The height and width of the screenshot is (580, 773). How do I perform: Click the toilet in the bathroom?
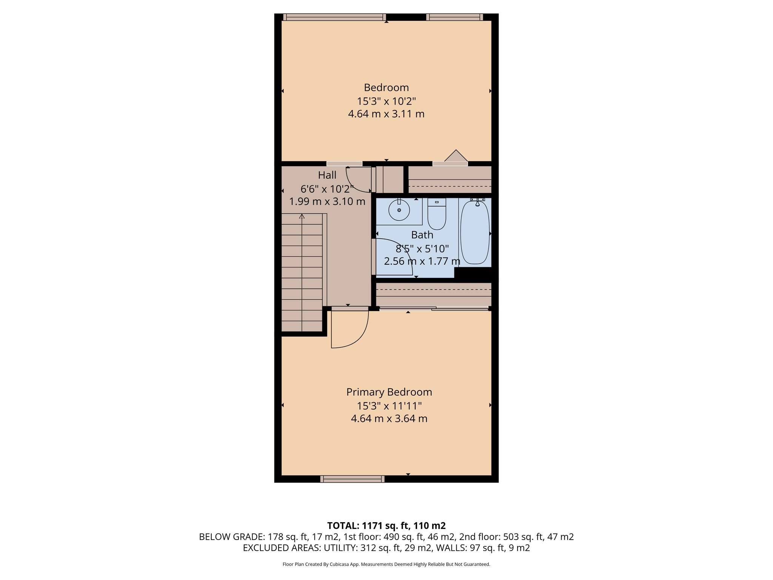[437, 216]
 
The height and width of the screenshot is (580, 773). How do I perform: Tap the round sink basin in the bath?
[399, 211]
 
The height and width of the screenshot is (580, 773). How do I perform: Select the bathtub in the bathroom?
[475, 233]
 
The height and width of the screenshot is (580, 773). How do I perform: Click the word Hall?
[327, 175]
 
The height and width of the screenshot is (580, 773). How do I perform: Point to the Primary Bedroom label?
[389, 392]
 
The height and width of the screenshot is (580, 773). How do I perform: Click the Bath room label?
[422, 235]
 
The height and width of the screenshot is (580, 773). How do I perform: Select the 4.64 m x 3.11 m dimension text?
[386, 114]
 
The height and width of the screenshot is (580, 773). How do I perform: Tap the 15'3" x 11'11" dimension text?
[389, 406]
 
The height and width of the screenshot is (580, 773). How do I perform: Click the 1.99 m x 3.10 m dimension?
[327, 201]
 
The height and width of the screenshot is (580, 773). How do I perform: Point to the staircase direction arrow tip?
[302, 216]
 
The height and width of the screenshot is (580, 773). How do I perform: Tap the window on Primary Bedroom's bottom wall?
[352, 479]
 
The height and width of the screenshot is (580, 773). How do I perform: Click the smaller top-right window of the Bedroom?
[454, 17]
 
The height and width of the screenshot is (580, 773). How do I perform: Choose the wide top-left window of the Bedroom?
[334, 17]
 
